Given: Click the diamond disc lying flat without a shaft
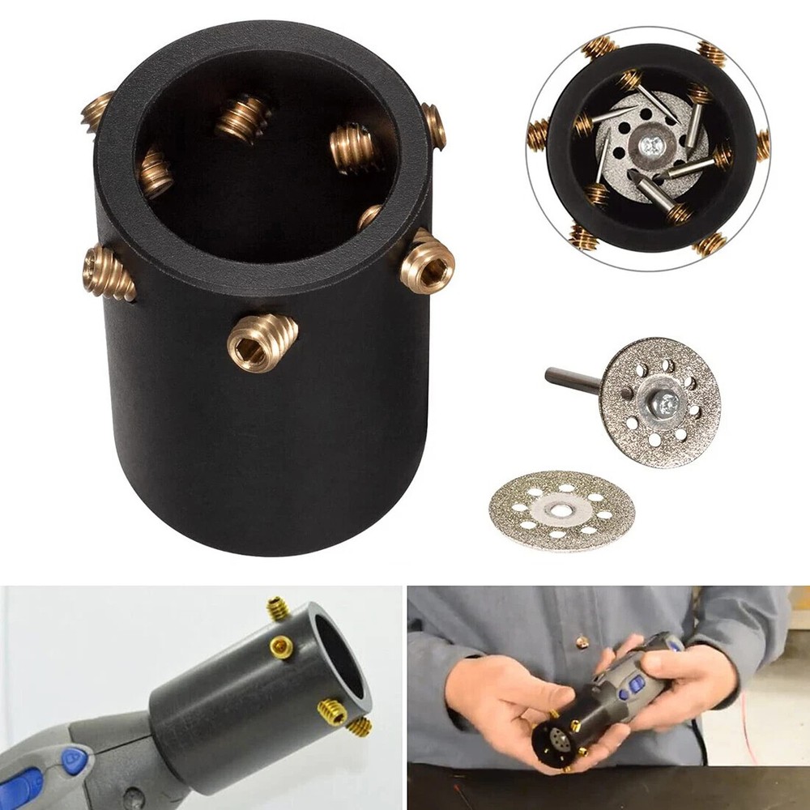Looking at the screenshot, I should pos(561,510).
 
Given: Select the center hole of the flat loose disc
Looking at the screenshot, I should pos(560,508).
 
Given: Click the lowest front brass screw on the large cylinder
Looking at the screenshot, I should pos(262,340).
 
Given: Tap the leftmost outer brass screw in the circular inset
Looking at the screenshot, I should pos(538,134).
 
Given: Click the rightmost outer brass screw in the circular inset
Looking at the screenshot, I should pos(762,146).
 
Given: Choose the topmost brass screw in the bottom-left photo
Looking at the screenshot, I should pos(279,607).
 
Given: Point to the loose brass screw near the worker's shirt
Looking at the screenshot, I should pos(582,642).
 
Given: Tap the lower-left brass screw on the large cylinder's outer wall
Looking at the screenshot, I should pos(108,272).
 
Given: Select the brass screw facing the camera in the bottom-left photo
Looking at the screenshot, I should pos(282,646).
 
